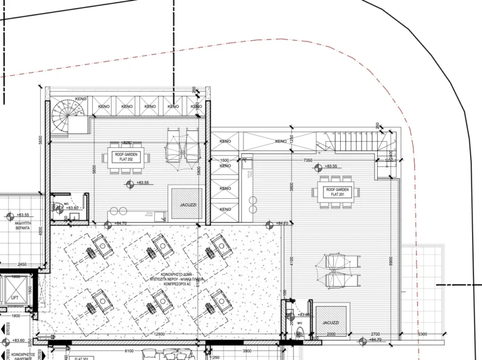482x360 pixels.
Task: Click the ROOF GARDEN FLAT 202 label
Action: click(124, 157)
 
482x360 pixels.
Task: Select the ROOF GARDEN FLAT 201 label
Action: click(337, 191)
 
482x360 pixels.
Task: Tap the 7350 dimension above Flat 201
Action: click(308, 161)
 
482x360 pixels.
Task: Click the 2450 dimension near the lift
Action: click(22, 265)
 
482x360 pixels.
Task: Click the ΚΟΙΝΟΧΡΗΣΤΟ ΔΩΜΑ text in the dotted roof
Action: click(167, 276)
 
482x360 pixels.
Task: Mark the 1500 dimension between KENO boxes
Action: click(224, 161)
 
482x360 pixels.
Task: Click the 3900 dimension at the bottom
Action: click(247, 351)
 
